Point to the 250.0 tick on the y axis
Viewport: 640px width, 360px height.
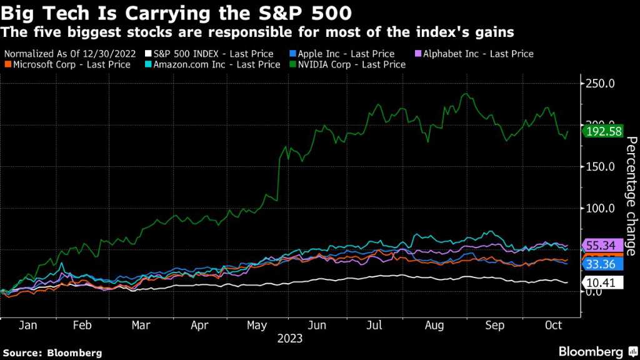[x=601, y=84]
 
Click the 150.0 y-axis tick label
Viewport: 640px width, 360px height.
[x=601, y=167]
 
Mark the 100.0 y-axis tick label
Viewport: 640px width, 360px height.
[x=601, y=208]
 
